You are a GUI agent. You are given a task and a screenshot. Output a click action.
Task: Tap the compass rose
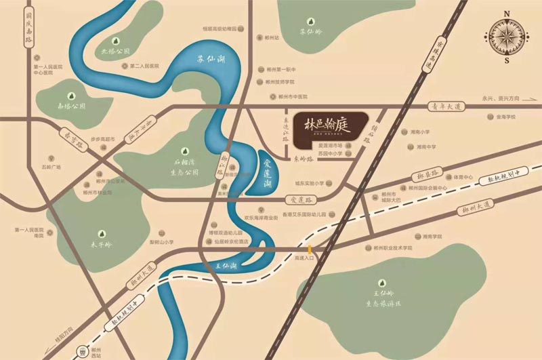click(507, 37)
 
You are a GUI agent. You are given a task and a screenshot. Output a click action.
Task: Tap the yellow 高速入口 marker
click(310, 249)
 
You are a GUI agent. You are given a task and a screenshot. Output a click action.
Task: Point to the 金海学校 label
click(505, 117)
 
